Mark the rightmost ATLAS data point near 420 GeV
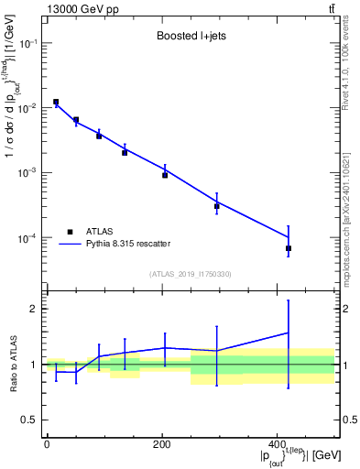click(289, 248)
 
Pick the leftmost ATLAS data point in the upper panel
click(56, 102)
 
